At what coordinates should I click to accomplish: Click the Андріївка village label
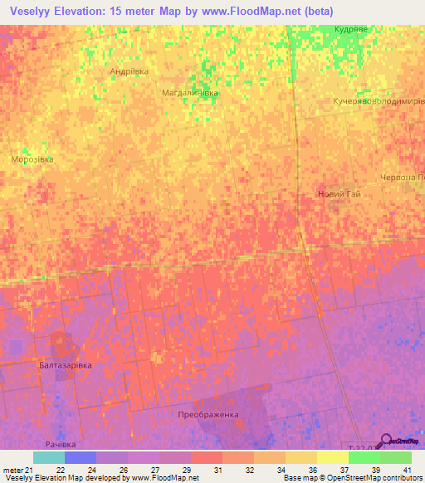click(129, 71)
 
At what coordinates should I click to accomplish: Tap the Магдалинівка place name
click(190, 93)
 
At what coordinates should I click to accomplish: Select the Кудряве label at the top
click(350, 28)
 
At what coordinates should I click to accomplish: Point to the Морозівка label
click(32, 159)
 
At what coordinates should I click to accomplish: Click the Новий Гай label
click(340, 194)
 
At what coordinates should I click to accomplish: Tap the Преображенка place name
click(208, 414)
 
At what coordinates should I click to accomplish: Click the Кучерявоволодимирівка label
click(379, 100)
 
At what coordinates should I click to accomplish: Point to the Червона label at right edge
click(402, 177)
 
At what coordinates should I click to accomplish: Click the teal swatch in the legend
click(48, 457)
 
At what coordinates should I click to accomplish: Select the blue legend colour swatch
click(80, 457)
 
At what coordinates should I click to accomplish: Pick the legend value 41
click(406, 470)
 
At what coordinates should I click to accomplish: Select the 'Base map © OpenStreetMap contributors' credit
click(352, 478)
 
